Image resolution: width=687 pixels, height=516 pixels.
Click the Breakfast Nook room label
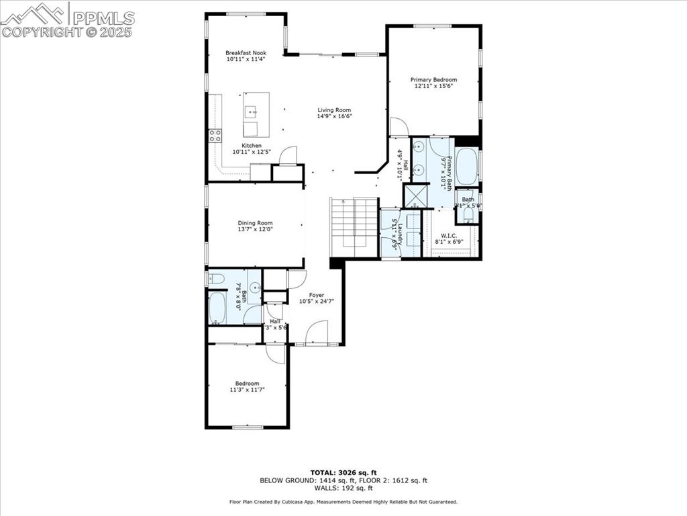(x=246, y=52)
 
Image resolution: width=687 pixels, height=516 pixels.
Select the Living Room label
(x=334, y=110)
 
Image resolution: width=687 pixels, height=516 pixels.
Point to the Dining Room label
(x=255, y=223)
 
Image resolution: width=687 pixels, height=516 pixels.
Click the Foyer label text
(x=316, y=295)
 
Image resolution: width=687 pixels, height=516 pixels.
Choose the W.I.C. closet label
(x=449, y=235)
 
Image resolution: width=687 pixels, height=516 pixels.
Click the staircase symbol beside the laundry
(x=354, y=227)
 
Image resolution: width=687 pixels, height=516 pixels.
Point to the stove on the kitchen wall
(x=215, y=136)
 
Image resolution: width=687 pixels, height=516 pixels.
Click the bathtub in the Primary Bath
(x=466, y=165)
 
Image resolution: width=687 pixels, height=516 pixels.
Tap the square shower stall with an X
(x=415, y=196)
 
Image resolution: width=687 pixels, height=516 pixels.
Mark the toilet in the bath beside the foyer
(x=217, y=278)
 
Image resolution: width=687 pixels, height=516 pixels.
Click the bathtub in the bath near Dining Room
(x=217, y=308)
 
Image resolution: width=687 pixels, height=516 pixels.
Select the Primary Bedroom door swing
(x=398, y=127)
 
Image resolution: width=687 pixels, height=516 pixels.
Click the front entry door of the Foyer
(x=315, y=332)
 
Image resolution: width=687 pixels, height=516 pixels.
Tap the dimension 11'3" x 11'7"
(x=247, y=389)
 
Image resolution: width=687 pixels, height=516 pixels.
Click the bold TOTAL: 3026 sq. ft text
(x=343, y=472)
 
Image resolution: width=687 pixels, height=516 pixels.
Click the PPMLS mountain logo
(x=33, y=13)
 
